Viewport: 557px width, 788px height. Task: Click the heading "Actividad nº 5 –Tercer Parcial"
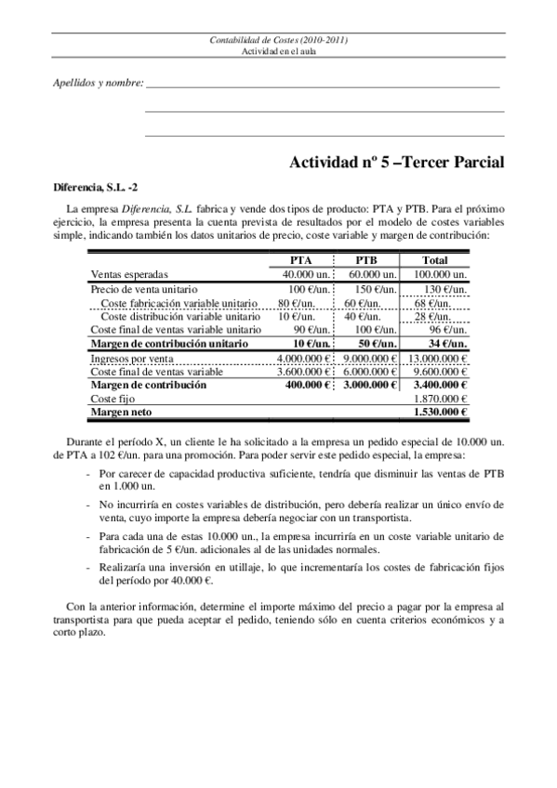pyautogui.click(x=398, y=163)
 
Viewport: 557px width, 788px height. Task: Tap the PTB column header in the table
pyautogui.click(x=366, y=261)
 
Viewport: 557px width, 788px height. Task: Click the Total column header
pyautogui.click(x=434, y=261)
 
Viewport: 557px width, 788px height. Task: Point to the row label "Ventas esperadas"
pyautogui.click(x=129, y=275)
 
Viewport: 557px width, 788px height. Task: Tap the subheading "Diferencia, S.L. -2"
pyautogui.click(x=96, y=187)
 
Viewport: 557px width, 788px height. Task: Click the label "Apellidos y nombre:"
pyautogui.click(x=98, y=85)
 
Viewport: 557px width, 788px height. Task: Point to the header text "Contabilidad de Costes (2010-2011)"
pyautogui.click(x=278, y=41)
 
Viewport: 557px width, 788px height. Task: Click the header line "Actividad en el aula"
pyautogui.click(x=278, y=51)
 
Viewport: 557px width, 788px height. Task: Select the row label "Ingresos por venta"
pyautogui.click(x=131, y=358)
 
